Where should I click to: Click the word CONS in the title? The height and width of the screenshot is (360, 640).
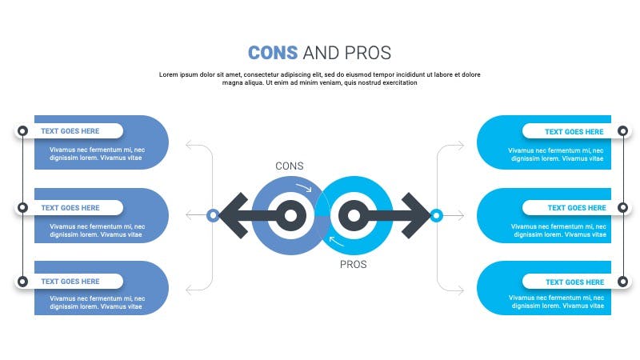pos(273,53)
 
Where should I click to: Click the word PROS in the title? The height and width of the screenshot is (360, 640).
pos(368,53)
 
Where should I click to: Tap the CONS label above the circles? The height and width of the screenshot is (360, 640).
pos(290,166)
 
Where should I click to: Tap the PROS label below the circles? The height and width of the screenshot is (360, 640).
pos(353,265)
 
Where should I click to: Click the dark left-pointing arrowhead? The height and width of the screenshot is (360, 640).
pos(234,215)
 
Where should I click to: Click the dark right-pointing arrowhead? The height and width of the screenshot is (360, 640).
pos(416,215)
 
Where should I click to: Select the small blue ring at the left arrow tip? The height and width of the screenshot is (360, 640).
pos(213,215)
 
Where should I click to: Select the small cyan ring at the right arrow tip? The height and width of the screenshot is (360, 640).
pos(436,215)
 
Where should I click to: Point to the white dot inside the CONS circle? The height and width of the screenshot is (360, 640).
pos(290,215)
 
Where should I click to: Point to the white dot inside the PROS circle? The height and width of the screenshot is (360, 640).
pos(354,215)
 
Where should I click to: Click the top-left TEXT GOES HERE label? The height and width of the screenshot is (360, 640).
pos(70,131)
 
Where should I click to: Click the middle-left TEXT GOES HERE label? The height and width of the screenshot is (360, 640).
pos(70,208)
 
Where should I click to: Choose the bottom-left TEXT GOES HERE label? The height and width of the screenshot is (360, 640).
pos(70,282)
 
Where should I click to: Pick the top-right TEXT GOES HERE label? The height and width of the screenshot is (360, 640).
pos(574,132)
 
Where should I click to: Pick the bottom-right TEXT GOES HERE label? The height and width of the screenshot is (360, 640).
pos(574,282)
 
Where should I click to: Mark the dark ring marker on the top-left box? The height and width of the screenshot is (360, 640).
pos(23,130)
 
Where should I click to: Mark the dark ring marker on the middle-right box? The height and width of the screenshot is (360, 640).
pos(623,207)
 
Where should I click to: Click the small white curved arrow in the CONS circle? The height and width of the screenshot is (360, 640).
pos(305,187)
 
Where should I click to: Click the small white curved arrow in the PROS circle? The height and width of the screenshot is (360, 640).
pos(335,242)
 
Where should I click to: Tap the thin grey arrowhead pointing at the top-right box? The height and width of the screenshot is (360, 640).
pos(461,146)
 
